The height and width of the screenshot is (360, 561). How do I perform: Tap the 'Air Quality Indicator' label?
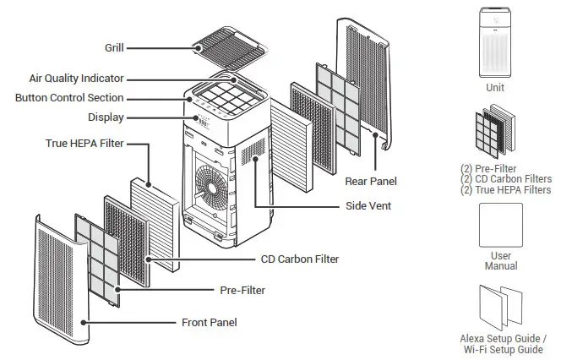pyautogui.click(x=77, y=79)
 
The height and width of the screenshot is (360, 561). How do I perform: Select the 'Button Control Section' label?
pyautogui.click(x=69, y=98)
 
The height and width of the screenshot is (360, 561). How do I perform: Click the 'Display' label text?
pyautogui.click(x=106, y=117)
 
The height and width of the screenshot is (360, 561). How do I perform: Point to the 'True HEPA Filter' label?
pyautogui.click(x=84, y=144)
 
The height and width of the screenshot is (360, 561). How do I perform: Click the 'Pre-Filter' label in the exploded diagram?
pyautogui.click(x=242, y=291)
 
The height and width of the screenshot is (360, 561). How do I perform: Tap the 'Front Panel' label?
pyautogui.click(x=210, y=322)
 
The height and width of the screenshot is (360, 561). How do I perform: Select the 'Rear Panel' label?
pyautogui.click(x=370, y=181)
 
